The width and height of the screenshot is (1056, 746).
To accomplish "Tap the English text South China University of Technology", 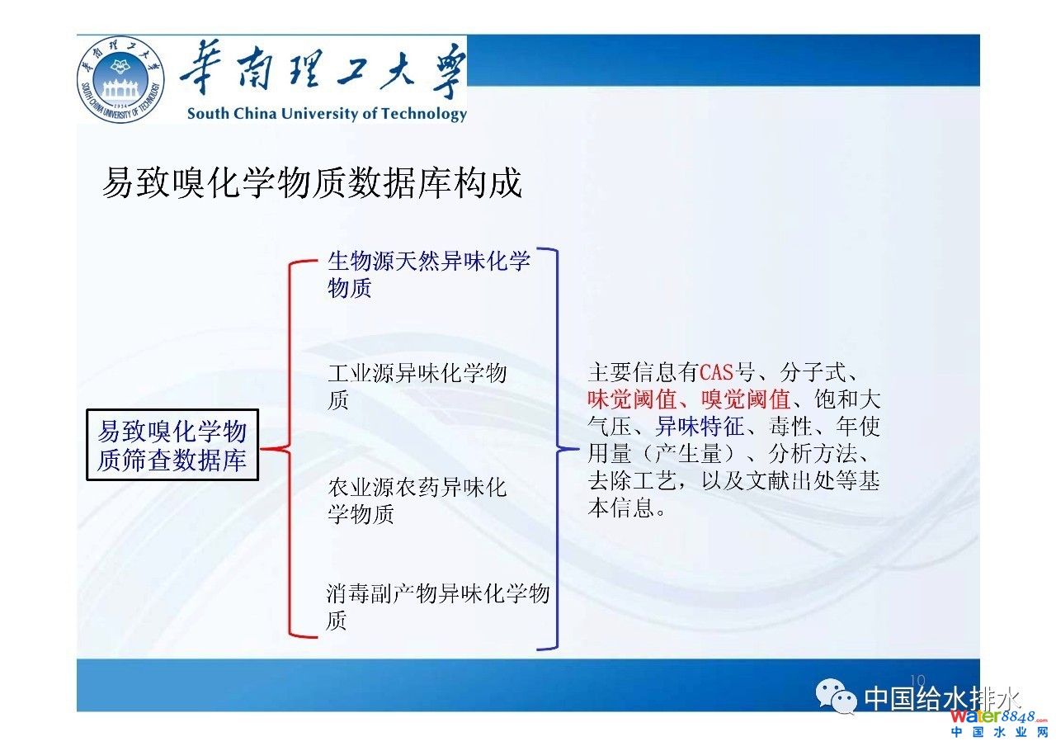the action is point(328,114).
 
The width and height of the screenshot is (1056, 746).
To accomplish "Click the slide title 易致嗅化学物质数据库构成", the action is point(312,182).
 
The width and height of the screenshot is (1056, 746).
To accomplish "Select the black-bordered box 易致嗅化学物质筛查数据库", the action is point(172,445).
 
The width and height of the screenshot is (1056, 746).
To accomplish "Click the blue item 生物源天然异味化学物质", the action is point(429,274).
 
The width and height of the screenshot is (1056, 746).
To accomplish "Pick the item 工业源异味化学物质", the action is point(417,386).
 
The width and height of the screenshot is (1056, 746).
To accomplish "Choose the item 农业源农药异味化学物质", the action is point(417,500).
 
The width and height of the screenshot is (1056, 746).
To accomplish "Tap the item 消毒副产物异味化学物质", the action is point(437,607).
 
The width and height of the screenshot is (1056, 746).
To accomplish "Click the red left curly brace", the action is point(290,448).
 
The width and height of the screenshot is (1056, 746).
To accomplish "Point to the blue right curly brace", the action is point(557,448).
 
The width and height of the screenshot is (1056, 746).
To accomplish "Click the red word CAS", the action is point(717,372).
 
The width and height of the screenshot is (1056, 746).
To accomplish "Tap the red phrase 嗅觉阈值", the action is point(746,399).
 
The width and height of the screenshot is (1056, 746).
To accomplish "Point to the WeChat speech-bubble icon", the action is point(836,696).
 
